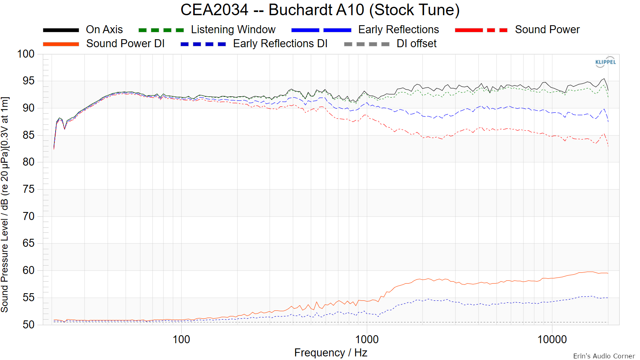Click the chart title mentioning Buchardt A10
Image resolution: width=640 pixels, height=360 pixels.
click(320, 10)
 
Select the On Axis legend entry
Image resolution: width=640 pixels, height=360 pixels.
click(104, 30)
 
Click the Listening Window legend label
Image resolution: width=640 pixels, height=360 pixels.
click(233, 30)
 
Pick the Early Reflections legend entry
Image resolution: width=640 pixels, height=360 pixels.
click(398, 30)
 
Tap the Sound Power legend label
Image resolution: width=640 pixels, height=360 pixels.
click(547, 30)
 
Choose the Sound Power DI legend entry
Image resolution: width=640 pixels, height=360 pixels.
click(125, 44)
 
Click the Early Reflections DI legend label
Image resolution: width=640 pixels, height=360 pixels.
click(280, 44)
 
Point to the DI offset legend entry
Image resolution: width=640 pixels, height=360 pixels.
click(416, 44)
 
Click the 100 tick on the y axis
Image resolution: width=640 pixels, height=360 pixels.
click(26, 54)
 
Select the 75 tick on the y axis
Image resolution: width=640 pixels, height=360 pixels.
click(28, 189)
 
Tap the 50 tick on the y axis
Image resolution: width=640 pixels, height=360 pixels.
click(28, 324)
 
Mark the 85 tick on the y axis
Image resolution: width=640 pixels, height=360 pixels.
click(28, 135)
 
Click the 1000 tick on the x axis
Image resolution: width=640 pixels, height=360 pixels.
click(367, 340)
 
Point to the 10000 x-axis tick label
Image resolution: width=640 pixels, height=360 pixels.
click(552, 340)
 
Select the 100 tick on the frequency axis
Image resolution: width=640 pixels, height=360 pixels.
click(181, 340)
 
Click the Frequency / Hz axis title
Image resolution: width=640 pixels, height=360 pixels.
click(331, 353)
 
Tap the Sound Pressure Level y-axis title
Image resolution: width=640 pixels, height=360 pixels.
click(5, 204)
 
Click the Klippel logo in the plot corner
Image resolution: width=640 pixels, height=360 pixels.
click(606, 62)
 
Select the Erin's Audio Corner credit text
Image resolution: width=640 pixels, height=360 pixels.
click(604, 356)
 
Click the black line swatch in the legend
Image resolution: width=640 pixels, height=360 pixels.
click(61, 30)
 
